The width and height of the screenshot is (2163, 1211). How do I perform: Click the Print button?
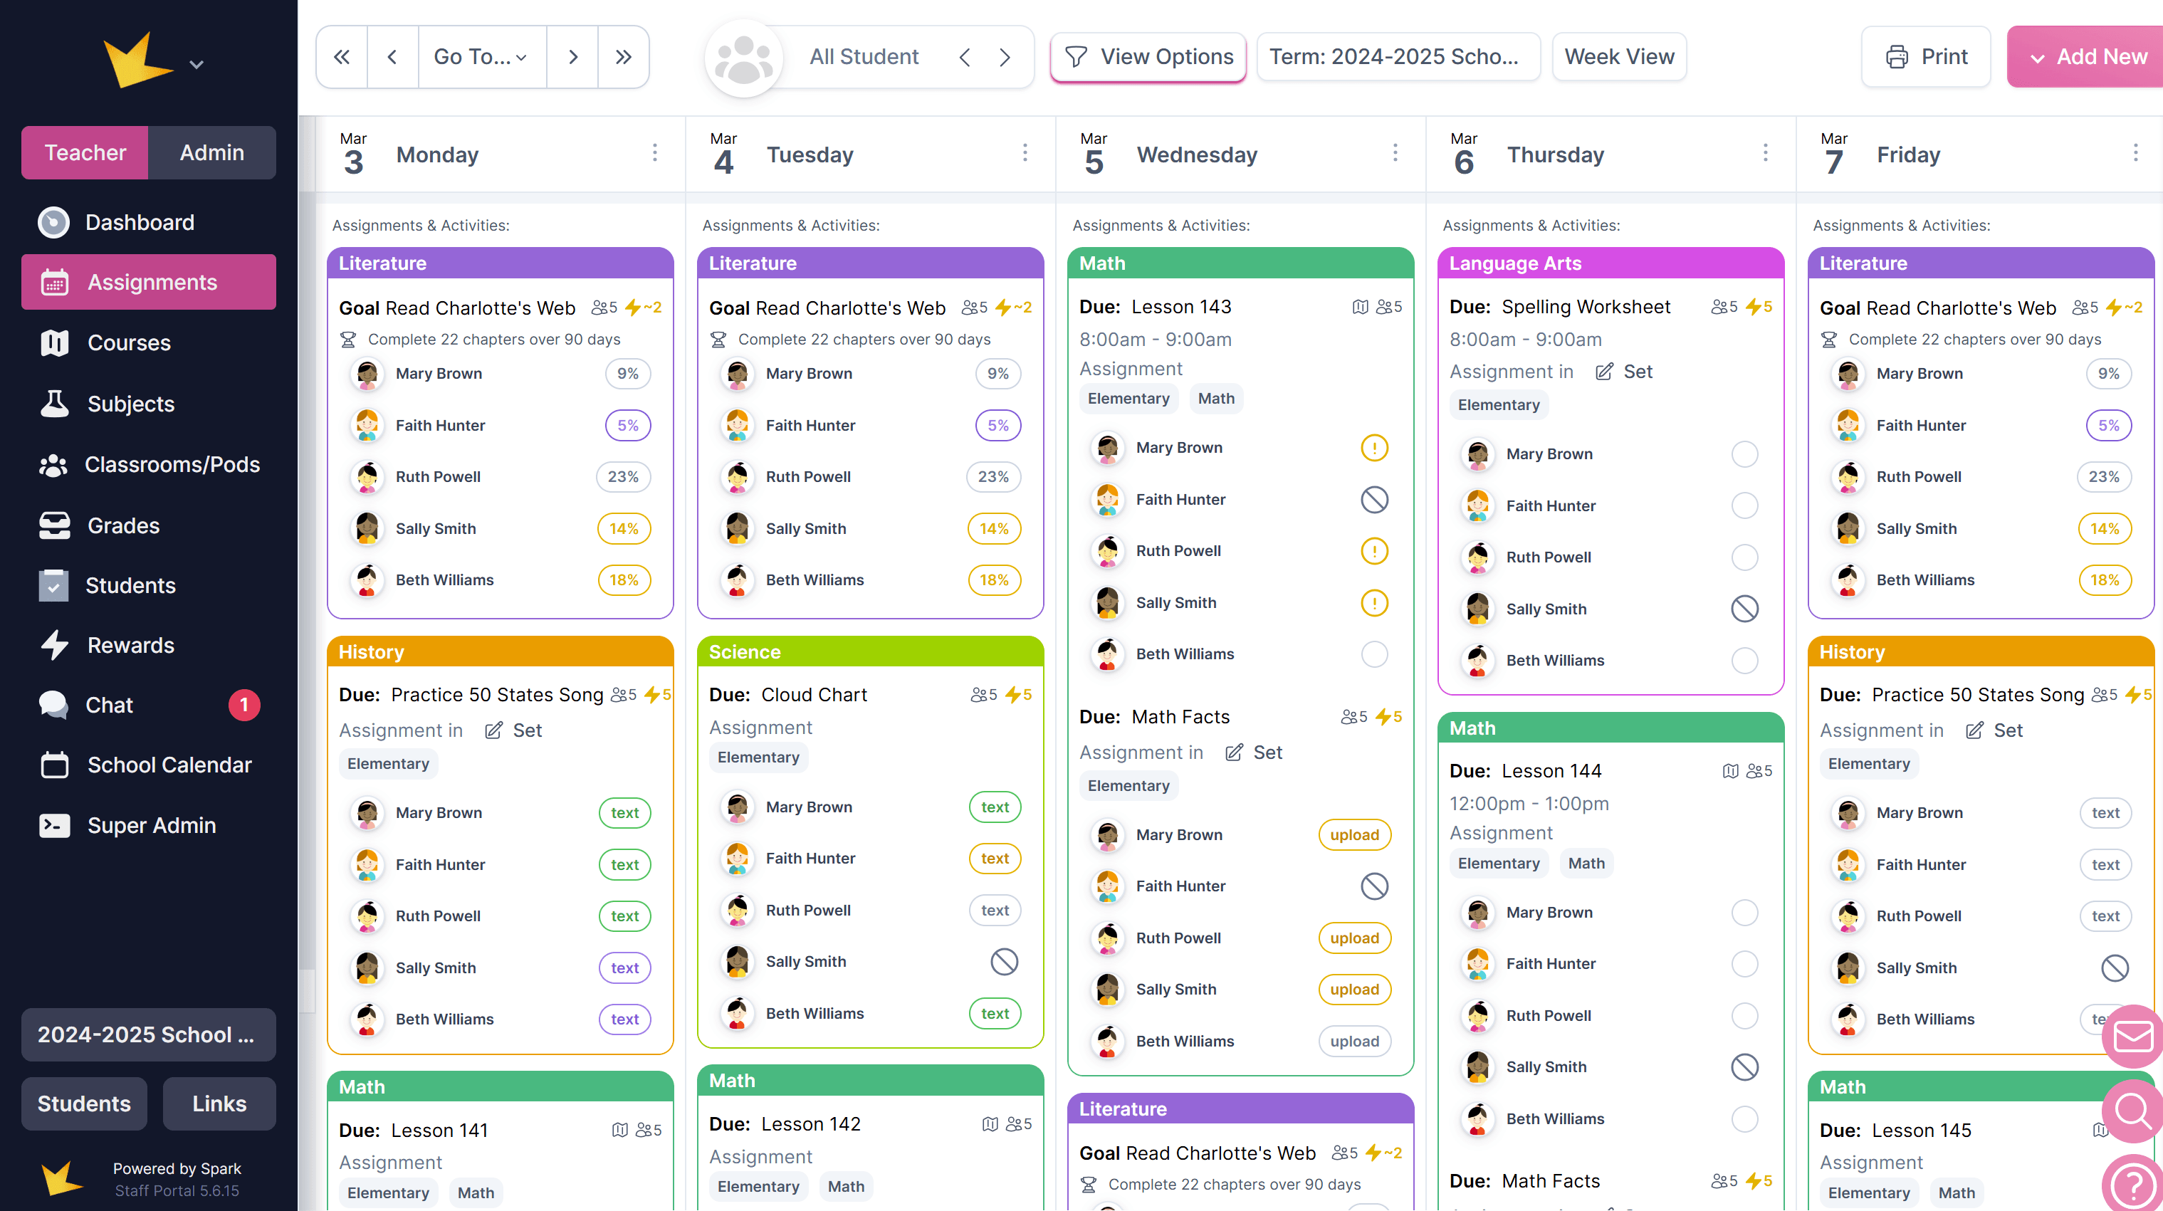tap(1925, 56)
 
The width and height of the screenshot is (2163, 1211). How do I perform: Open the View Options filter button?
tap(1148, 56)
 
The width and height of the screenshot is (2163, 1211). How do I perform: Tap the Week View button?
tap(1618, 56)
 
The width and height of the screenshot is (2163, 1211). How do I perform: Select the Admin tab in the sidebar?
tap(211, 152)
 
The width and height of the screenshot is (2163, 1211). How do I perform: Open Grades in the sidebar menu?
tap(123, 525)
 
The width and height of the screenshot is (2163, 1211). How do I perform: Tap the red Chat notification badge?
tap(244, 705)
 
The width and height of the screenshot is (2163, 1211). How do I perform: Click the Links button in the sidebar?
tap(219, 1103)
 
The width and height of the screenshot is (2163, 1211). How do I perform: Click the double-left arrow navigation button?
tap(342, 56)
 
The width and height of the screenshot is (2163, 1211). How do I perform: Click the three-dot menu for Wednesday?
tap(1395, 153)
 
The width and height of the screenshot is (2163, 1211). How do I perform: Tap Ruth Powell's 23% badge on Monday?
tap(623, 476)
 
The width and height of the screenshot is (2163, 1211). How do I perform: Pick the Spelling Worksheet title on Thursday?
tap(1586, 307)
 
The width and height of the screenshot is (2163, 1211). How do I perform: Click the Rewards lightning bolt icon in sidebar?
tap(55, 644)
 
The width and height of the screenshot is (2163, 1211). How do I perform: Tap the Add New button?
tap(2088, 56)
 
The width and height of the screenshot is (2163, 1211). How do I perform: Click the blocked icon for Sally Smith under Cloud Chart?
tap(1003, 962)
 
